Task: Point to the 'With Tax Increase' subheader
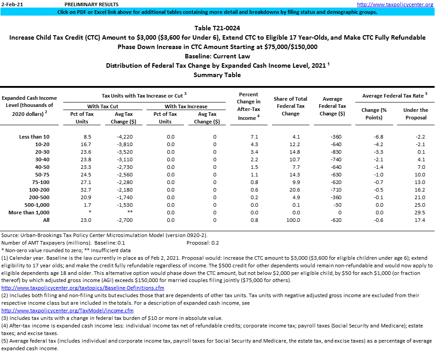tap(186, 106)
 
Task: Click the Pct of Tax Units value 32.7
tap(87, 190)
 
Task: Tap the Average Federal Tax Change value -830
tap(332, 152)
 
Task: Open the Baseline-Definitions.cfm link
tap(83, 288)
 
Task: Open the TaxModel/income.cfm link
tap(68, 311)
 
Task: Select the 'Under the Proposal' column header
tap(415, 114)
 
